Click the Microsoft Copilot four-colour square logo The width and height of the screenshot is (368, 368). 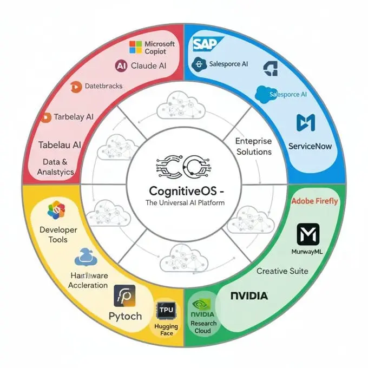coord(136,47)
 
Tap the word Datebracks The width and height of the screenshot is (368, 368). coord(104,86)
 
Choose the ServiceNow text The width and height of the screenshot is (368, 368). coord(310,146)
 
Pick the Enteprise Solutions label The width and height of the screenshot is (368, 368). coord(254,146)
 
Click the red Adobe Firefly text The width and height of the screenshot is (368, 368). coord(314,201)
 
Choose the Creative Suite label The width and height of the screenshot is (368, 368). coord(282,271)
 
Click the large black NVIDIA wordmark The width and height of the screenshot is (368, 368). coord(249,296)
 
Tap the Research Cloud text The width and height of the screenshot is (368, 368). coord(203,327)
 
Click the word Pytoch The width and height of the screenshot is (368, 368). coord(125,316)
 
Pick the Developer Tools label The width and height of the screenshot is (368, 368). coord(58,235)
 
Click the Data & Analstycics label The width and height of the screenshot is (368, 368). coord(56,167)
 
